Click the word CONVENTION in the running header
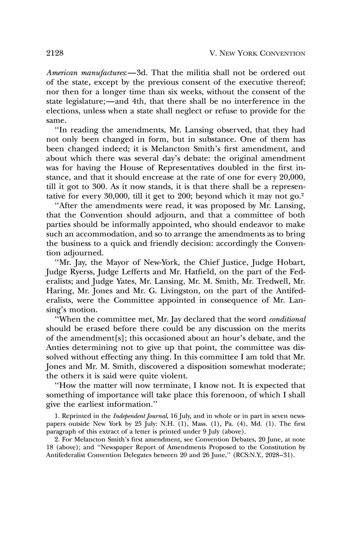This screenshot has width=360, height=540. pyautogui.click(x=283, y=54)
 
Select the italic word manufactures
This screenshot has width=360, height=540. pyautogui.click(x=100, y=73)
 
